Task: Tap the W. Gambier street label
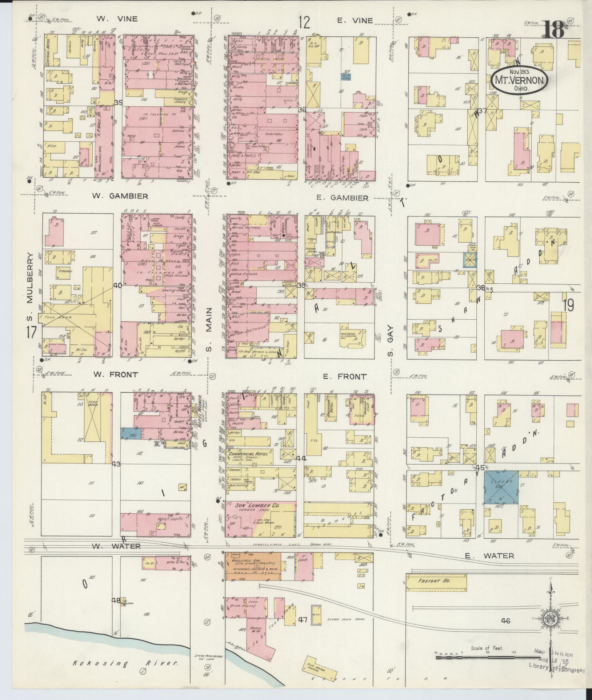(x=120, y=197)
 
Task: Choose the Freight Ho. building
(x=436, y=581)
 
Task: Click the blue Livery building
(x=501, y=487)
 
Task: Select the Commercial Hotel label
(x=248, y=454)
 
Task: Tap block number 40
(x=117, y=286)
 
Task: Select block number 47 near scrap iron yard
(x=303, y=620)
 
